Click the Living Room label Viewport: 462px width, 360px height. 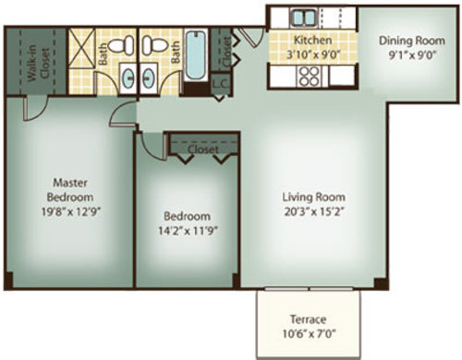tap(314, 197)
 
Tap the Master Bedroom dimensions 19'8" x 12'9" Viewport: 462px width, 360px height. tap(71, 211)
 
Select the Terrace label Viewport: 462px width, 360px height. tap(308, 319)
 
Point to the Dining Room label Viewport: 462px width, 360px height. tap(412, 41)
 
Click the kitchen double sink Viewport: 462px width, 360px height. tap(304, 18)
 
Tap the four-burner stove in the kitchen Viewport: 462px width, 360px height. tap(310, 76)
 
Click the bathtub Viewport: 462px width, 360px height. tap(196, 55)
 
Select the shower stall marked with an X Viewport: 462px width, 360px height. tap(81, 47)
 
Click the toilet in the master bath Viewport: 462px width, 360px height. tap(121, 45)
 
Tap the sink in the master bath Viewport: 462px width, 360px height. tap(128, 78)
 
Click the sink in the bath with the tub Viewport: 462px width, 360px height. tap(149, 78)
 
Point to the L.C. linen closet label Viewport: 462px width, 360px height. tap(221, 83)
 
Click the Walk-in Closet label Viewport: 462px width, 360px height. tap(39, 63)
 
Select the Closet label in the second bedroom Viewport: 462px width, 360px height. tap(203, 150)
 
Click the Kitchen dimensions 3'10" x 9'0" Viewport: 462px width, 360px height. tap(313, 54)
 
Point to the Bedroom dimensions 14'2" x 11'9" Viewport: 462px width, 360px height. tap(188, 231)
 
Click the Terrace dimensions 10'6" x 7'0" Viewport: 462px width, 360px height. tap(309, 333)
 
